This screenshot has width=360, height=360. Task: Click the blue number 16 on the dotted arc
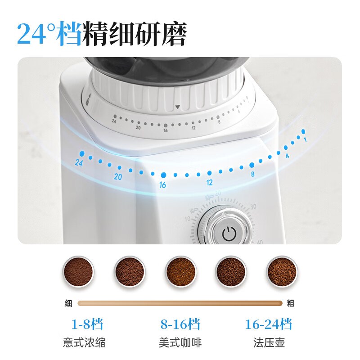click(162, 185)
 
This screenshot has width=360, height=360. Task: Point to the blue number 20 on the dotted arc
click(118, 177)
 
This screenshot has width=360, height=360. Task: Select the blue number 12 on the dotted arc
click(209, 183)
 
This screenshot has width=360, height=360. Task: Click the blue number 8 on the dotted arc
click(253, 174)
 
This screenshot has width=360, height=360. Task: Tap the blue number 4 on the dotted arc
click(287, 156)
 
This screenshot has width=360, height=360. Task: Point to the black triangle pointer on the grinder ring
click(178, 107)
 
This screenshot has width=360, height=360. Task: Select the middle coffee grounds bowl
click(180, 271)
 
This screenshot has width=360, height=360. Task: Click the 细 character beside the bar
click(68, 303)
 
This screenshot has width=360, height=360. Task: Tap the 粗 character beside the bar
click(291, 303)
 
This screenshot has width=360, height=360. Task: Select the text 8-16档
click(180, 324)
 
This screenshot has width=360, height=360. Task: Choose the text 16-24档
click(268, 324)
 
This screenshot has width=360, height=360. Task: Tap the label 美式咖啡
click(180, 343)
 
